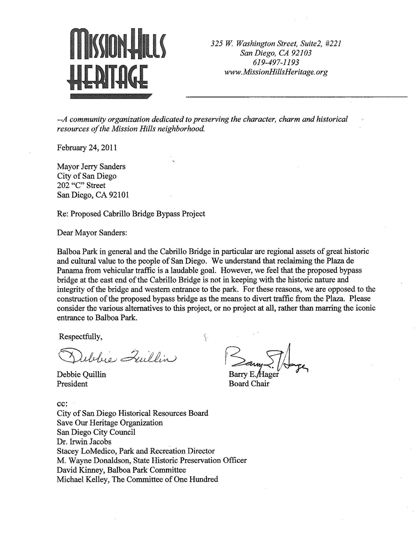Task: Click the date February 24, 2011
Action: click(87, 148)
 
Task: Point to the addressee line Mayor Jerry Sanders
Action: click(91, 167)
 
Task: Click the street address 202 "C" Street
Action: click(81, 186)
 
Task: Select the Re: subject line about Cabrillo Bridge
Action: click(131, 214)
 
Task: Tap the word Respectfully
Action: click(81, 337)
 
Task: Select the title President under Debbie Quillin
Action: click(72, 384)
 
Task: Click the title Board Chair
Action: click(249, 384)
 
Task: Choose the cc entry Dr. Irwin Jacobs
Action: click(84, 442)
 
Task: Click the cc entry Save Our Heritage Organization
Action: click(110, 423)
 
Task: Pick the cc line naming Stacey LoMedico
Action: click(135, 451)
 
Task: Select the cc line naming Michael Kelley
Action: click(137, 479)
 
